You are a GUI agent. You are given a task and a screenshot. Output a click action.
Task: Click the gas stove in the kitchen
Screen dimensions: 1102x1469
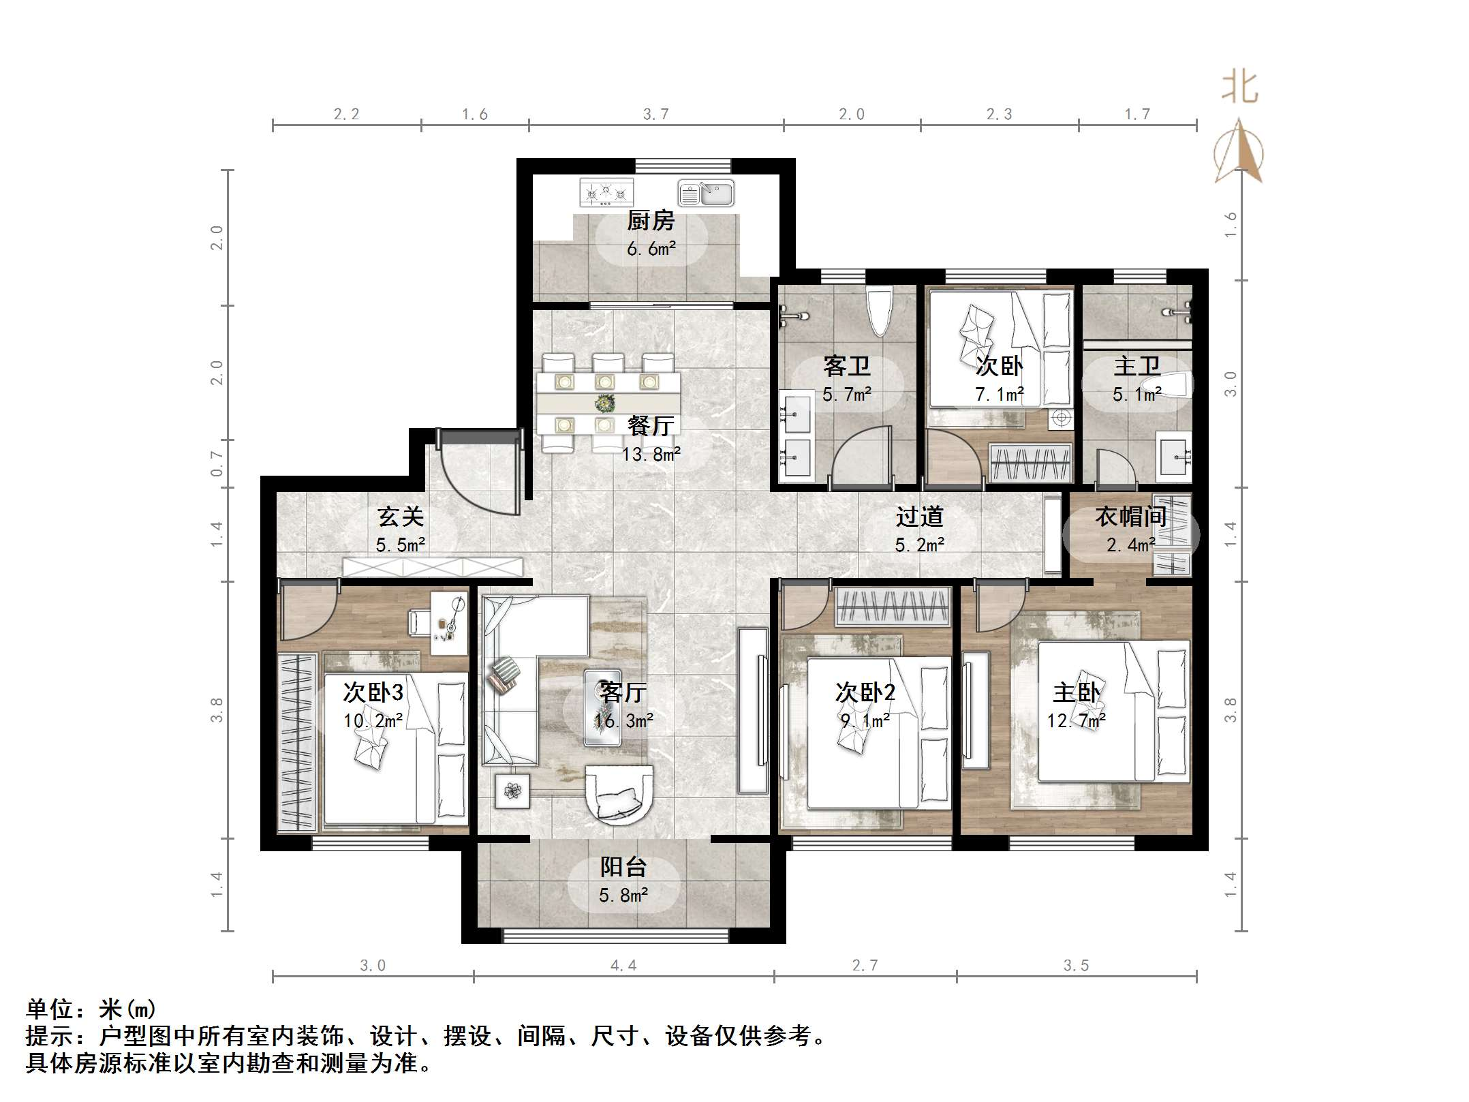click(x=606, y=193)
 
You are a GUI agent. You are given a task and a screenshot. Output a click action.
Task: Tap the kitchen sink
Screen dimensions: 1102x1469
click(x=706, y=194)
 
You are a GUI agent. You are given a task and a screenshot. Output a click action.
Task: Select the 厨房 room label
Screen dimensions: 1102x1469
click(x=651, y=221)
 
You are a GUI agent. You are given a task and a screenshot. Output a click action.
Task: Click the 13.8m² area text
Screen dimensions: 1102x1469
click(x=651, y=454)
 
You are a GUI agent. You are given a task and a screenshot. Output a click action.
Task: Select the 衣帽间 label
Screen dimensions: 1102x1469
click(x=1130, y=517)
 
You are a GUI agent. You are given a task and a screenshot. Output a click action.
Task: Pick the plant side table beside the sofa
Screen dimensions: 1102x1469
click(x=512, y=791)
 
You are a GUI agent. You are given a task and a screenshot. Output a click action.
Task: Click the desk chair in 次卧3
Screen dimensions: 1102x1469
click(x=418, y=621)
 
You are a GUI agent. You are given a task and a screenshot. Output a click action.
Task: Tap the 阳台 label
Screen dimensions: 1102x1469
click(x=623, y=868)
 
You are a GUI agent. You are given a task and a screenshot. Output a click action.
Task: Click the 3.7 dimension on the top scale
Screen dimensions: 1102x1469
click(x=655, y=114)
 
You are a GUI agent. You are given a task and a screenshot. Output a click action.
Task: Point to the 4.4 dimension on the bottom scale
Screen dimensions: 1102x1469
click(x=623, y=965)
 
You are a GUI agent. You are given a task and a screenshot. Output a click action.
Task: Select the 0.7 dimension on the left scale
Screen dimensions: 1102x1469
click(x=217, y=463)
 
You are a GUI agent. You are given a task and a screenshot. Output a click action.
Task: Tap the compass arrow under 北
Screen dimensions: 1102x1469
click(x=1239, y=151)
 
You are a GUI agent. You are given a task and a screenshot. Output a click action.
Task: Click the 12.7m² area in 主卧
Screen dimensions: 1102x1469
click(x=1076, y=720)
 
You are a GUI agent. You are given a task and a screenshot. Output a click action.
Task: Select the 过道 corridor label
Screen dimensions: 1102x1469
click(x=919, y=517)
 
